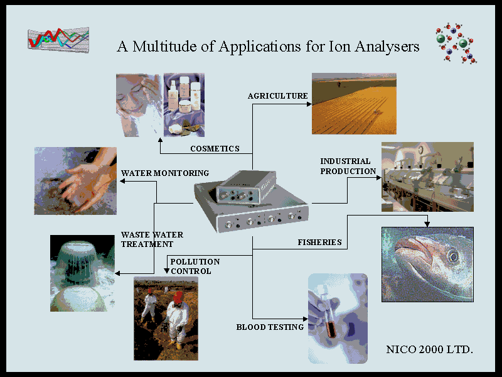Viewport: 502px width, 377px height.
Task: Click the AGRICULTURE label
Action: pyautogui.click(x=277, y=96)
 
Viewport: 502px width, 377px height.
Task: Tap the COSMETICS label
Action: pyautogui.click(x=215, y=149)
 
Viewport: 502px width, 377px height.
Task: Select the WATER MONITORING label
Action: pyautogui.click(x=165, y=173)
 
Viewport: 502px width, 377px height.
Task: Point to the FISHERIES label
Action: pyautogui.click(x=319, y=243)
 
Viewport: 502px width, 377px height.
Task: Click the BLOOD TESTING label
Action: pyautogui.click(x=270, y=327)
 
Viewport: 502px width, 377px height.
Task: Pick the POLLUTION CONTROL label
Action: pyautogui.click(x=195, y=266)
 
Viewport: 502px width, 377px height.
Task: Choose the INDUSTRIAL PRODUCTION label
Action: pyautogui.click(x=348, y=166)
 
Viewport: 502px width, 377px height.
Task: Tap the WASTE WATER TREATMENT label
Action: pyautogui.click(x=152, y=239)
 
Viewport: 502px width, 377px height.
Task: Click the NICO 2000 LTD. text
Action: pyautogui.click(x=430, y=349)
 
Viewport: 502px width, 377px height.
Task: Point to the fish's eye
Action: pyautogui.click(x=452, y=256)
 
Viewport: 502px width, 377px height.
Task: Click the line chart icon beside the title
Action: pyautogui.click(x=58, y=40)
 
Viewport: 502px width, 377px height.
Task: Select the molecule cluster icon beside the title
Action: pyautogui.click(x=456, y=43)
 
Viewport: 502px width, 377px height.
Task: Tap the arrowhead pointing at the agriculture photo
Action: pyautogui.click(x=309, y=104)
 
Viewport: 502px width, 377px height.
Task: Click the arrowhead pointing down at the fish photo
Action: pyautogui.click(x=427, y=224)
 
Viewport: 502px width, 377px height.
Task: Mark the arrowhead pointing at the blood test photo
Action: pyautogui.click(x=305, y=319)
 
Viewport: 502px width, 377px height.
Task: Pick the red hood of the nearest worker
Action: pyautogui.click(x=178, y=297)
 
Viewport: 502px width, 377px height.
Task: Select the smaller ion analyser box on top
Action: pyautogui.click(x=246, y=187)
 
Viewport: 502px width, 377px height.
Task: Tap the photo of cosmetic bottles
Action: pyautogui.click(x=184, y=105)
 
